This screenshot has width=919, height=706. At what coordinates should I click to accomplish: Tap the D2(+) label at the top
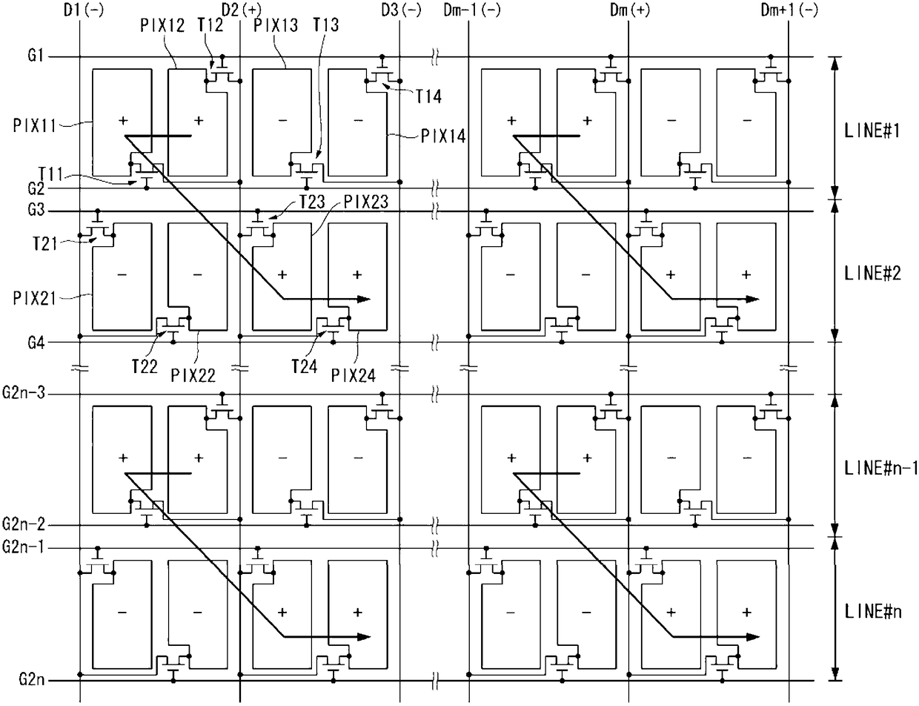pos(240,10)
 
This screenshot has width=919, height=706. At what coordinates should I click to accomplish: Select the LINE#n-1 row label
pos(880,469)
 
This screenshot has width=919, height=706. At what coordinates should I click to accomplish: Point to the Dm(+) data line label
pos(628,10)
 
